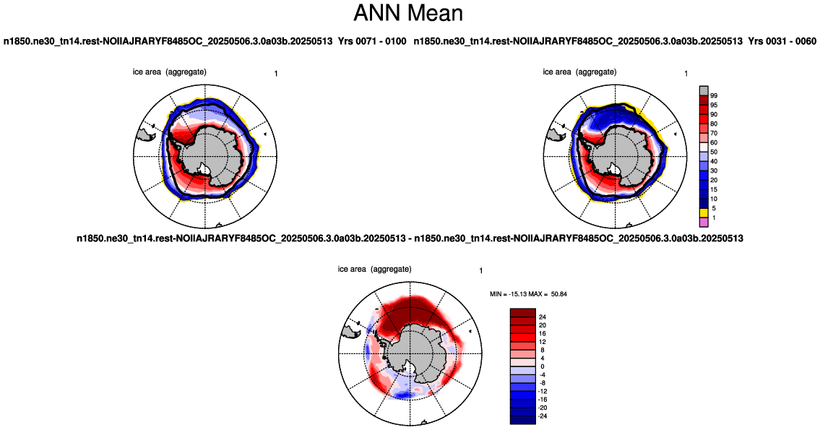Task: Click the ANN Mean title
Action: [x=408, y=13]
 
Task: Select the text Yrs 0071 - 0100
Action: [x=372, y=40]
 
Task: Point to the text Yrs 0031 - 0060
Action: [x=782, y=40]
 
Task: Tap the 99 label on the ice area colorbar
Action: [x=714, y=95]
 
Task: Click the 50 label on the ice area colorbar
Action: [x=714, y=152]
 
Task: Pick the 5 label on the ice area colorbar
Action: [x=714, y=209]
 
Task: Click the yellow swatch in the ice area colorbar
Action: [x=704, y=213]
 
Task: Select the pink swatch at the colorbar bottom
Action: [x=704, y=223]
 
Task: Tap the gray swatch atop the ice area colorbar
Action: [x=704, y=90]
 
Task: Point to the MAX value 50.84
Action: [x=559, y=294]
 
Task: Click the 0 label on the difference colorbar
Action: [x=543, y=366]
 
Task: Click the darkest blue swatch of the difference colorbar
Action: [x=523, y=420]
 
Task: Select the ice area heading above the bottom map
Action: [x=374, y=269]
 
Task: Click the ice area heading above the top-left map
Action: [x=170, y=72]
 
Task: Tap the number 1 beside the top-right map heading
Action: [x=686, y=74]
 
